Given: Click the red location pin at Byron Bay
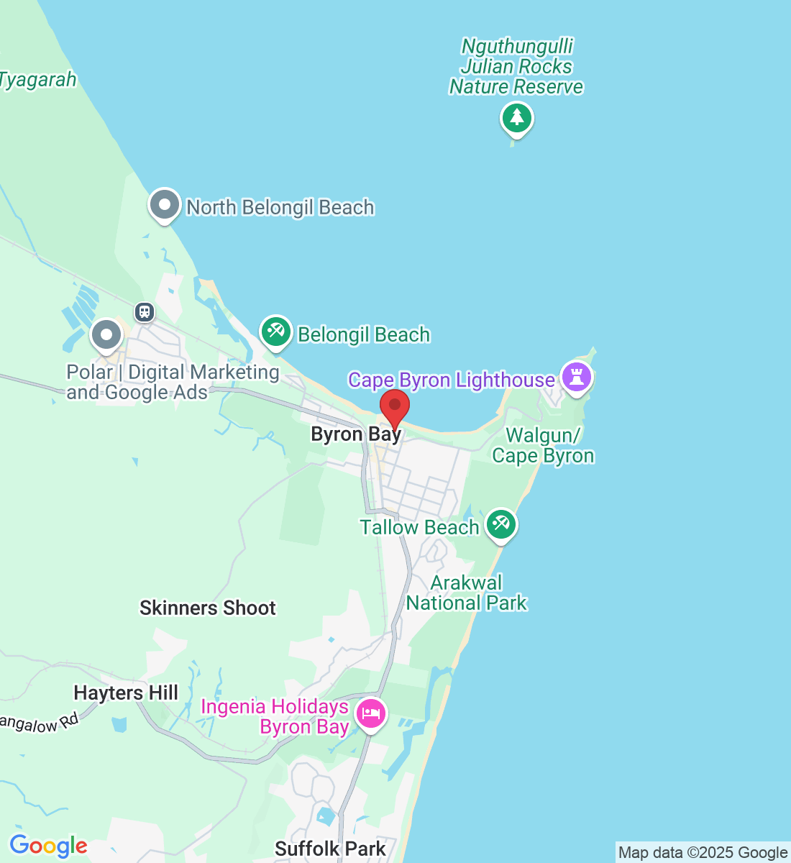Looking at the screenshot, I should [x=395, y=407].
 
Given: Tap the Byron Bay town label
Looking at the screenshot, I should [x=356, y=434].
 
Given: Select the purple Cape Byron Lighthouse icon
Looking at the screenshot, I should [x=577, y=376].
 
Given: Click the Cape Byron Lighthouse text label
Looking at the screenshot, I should [x=452, y=380].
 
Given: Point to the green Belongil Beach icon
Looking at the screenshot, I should [x=275, y=332].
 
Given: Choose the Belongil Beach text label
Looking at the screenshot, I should [x=364, y=335].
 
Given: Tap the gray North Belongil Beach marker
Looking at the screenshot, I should [x=164, y=205].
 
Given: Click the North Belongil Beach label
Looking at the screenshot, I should [x=280, y=208].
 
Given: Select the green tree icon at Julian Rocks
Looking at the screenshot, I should [x=516, y=117].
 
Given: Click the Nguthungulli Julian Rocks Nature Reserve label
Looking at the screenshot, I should [x=516, y=67].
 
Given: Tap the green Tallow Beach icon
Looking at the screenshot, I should [x=500, y=525].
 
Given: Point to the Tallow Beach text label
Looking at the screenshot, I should [x=419, y=527].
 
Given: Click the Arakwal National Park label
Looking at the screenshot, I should [x=467, y=593].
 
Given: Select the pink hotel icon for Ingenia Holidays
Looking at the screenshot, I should [x=371, y=714].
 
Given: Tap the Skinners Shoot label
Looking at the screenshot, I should [x=208, y=608].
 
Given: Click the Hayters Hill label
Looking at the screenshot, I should [x=126, y=693].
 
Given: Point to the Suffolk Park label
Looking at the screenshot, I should [x=330, y=849].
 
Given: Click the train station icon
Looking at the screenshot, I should [x=145, y=312].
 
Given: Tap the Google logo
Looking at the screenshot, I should [x=48, y=846].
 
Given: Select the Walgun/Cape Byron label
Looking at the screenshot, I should [x=543, y=446].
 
